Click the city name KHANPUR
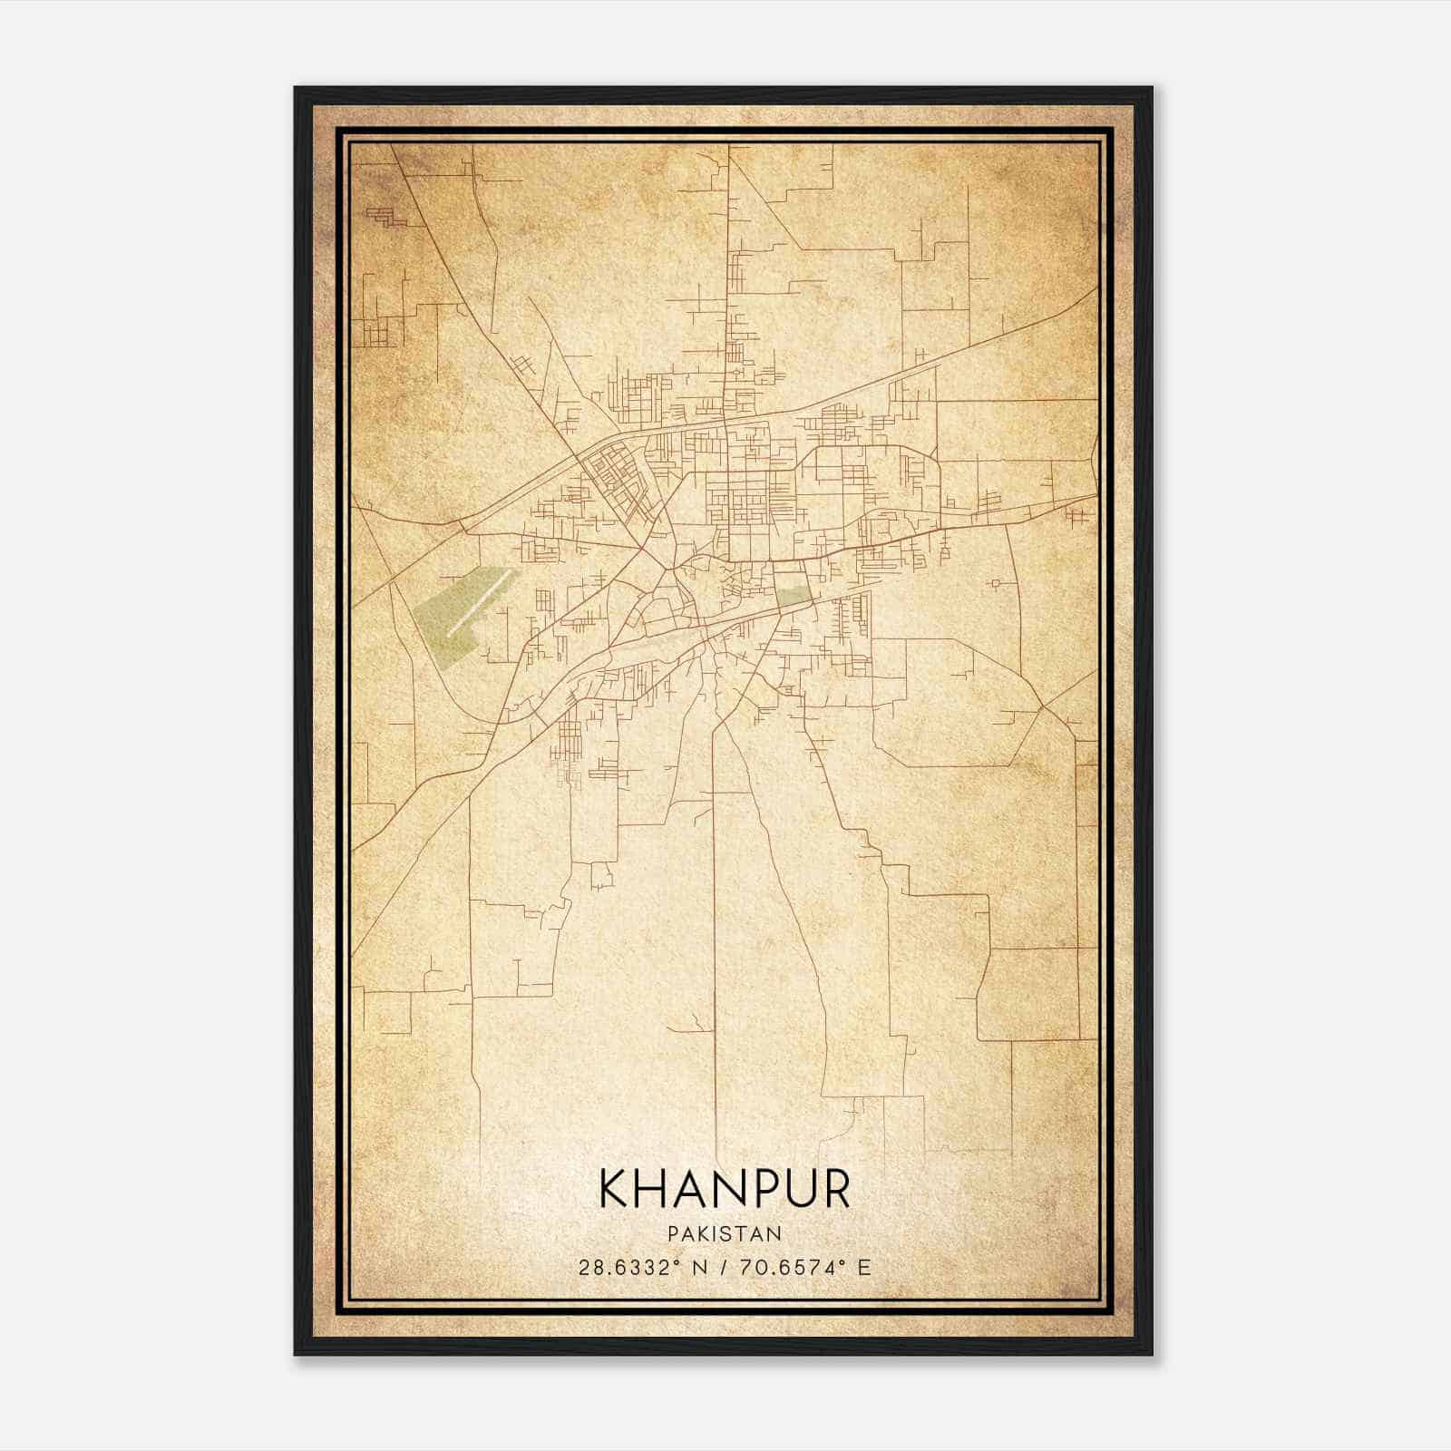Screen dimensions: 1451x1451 pyautogui.click(x=725, y=1189)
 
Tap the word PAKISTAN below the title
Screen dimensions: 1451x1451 pyautogui.click(x=725, y=1234)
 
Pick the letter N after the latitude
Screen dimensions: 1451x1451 pyautogui.click(x=699, y=1267)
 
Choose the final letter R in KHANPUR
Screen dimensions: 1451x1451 pyautogui.click(x=836, y=1189)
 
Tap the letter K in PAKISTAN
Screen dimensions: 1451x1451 pyautogui.click(x=701, y=1234)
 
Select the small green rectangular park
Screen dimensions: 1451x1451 pyautogui.click(x=793, y=595)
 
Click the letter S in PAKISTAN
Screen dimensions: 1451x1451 pyautogui.click(x=725, y=1234)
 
